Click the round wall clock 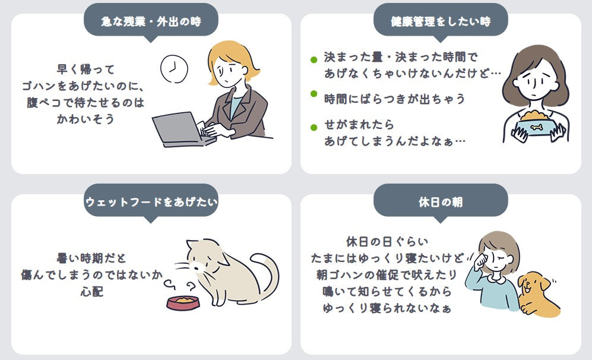(174, 69)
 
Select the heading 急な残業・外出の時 (151, 21)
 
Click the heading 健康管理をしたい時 (441, 21)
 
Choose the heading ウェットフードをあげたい (151, 202)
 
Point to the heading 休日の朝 (441, 202)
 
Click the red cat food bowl (183, 303)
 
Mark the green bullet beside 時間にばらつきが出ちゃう (314, 94)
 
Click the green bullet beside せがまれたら (314, 128)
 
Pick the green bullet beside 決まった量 (314, 59)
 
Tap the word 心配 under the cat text (92, 292)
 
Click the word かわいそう (86, 119)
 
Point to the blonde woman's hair (230, 56)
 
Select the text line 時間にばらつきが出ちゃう (394, 99)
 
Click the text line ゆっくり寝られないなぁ (387, 308)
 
